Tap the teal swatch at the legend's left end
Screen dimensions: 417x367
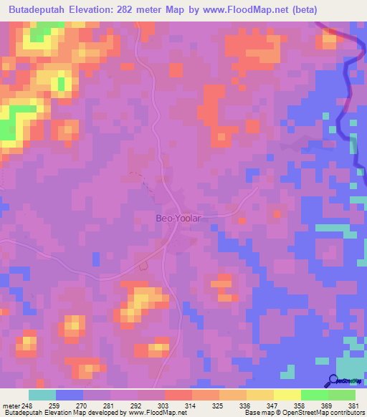pyautogui.click(x=42, y=395)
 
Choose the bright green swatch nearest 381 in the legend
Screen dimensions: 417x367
pyautogui.click(x=342, y=395)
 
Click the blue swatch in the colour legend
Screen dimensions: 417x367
pyautogui.click(x=70, y=395)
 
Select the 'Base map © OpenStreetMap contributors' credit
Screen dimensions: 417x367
pyautogui.click(x=300, y=413)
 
